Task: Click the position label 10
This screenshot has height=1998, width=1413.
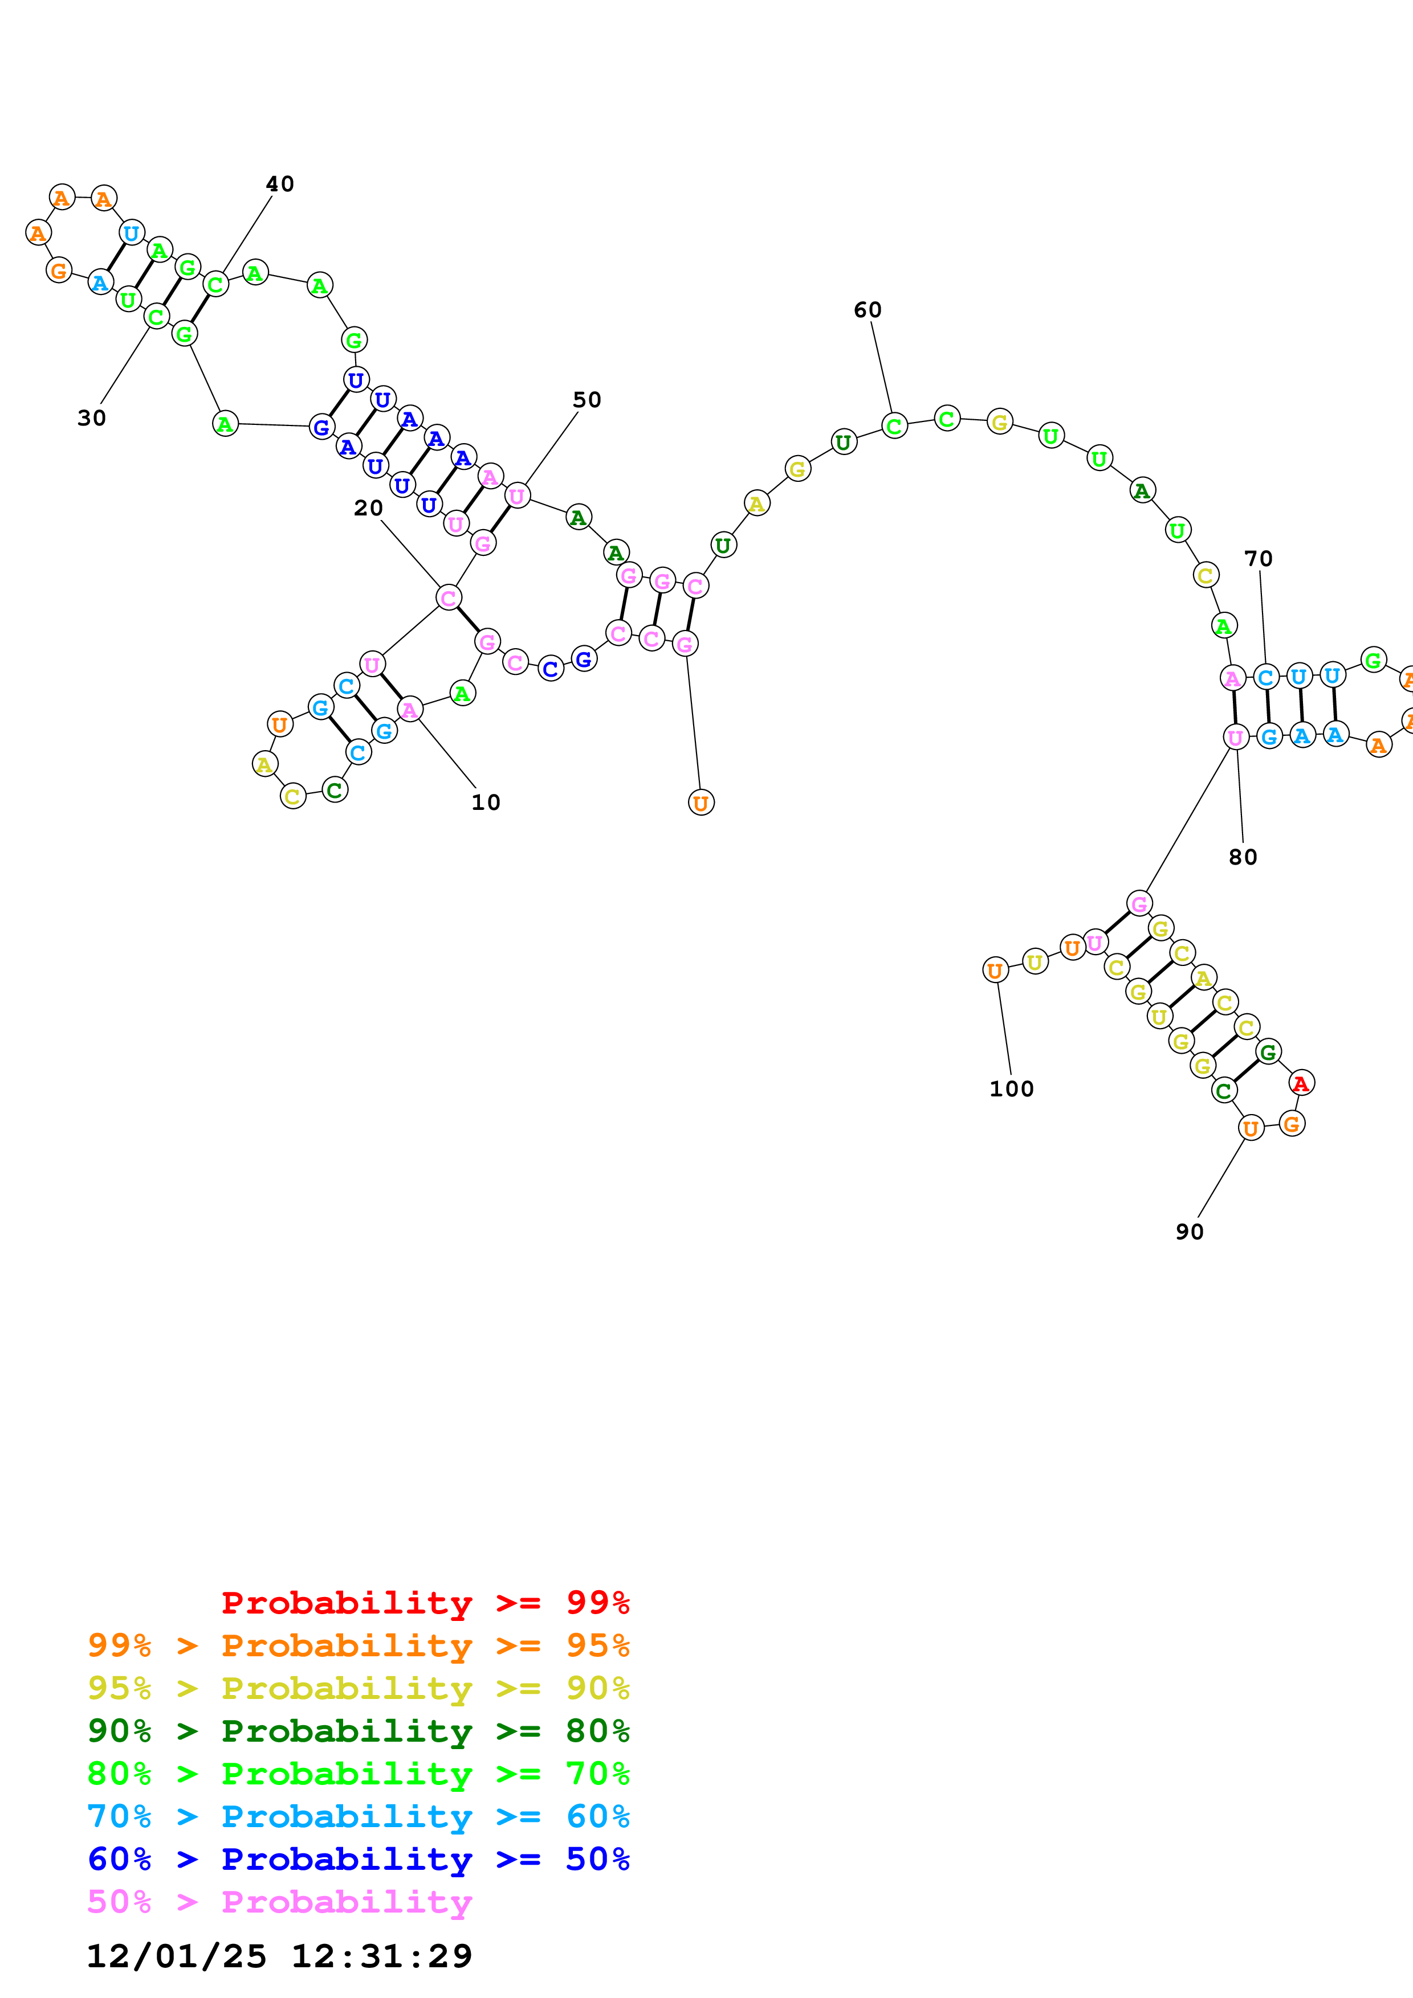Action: click(x=486, y=803)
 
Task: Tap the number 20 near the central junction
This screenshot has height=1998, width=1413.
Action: click(x=368, y=507)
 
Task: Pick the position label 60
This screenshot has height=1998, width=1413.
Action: click(x=867, y=310)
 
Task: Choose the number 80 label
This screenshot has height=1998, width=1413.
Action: click(x=1243, y=857)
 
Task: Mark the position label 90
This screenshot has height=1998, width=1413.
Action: click(x=1189, y=1231)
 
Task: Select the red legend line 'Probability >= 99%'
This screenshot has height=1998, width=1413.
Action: click(x=425, y=1603)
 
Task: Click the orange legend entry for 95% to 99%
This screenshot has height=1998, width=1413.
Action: click(x=358, y=1645)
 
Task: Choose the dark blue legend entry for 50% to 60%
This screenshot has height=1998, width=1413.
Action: click(x=358, y=1859)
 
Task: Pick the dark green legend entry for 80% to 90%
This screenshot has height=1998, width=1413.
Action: click(x=358, y=1731)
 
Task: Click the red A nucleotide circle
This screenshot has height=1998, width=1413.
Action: click(x=1301, y=1083)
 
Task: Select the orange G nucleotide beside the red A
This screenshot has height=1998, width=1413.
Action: click(x=1292, y=1124)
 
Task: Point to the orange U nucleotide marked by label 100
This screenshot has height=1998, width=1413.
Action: click(x=995, y=971)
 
